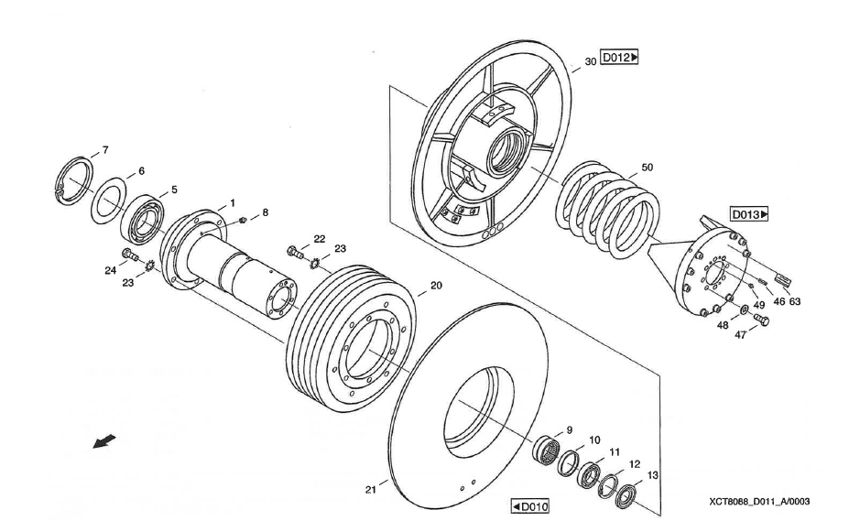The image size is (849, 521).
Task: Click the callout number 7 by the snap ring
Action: (x=105, y=149)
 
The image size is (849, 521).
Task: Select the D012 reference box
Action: (x=619, y=58)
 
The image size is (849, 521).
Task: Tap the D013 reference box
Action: (x=749, y=214)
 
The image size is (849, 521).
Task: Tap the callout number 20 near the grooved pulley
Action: (x=436, y=286)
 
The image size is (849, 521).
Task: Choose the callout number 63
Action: (x=795, y=299)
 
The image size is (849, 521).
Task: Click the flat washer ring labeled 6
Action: (x=111, y=201)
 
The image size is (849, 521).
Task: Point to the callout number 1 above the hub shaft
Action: (x=233, y=201)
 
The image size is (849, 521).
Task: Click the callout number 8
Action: (x=265, y=212)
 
